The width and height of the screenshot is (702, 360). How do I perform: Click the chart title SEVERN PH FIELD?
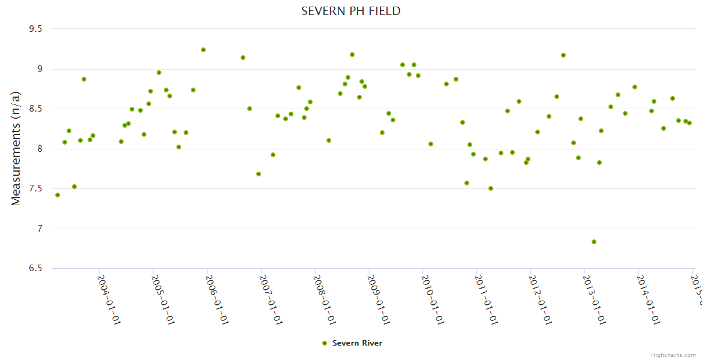click(351, 11)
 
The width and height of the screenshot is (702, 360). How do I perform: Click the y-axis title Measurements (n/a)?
click(16, 148)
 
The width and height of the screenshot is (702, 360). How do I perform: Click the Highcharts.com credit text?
click(673, 355)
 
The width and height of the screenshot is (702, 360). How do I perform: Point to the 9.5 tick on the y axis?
click(36, 29)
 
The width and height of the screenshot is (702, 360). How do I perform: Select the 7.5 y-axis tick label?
click(36, 189)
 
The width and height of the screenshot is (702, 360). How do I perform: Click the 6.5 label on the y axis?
click(36, 269)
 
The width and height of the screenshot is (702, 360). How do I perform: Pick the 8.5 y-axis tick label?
click(36, 109)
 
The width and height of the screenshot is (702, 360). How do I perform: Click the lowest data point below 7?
click(594, 242)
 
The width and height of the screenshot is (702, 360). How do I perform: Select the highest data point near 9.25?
click(203, 50)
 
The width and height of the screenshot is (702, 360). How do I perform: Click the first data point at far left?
click(58, 195)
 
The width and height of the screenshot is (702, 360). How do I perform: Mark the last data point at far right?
click(689, 123)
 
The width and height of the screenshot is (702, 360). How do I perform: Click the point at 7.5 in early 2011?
click(491, 188)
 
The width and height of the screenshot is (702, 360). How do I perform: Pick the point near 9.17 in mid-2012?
click(563, 55)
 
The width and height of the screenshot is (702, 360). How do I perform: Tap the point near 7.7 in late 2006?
click(259, 174)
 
